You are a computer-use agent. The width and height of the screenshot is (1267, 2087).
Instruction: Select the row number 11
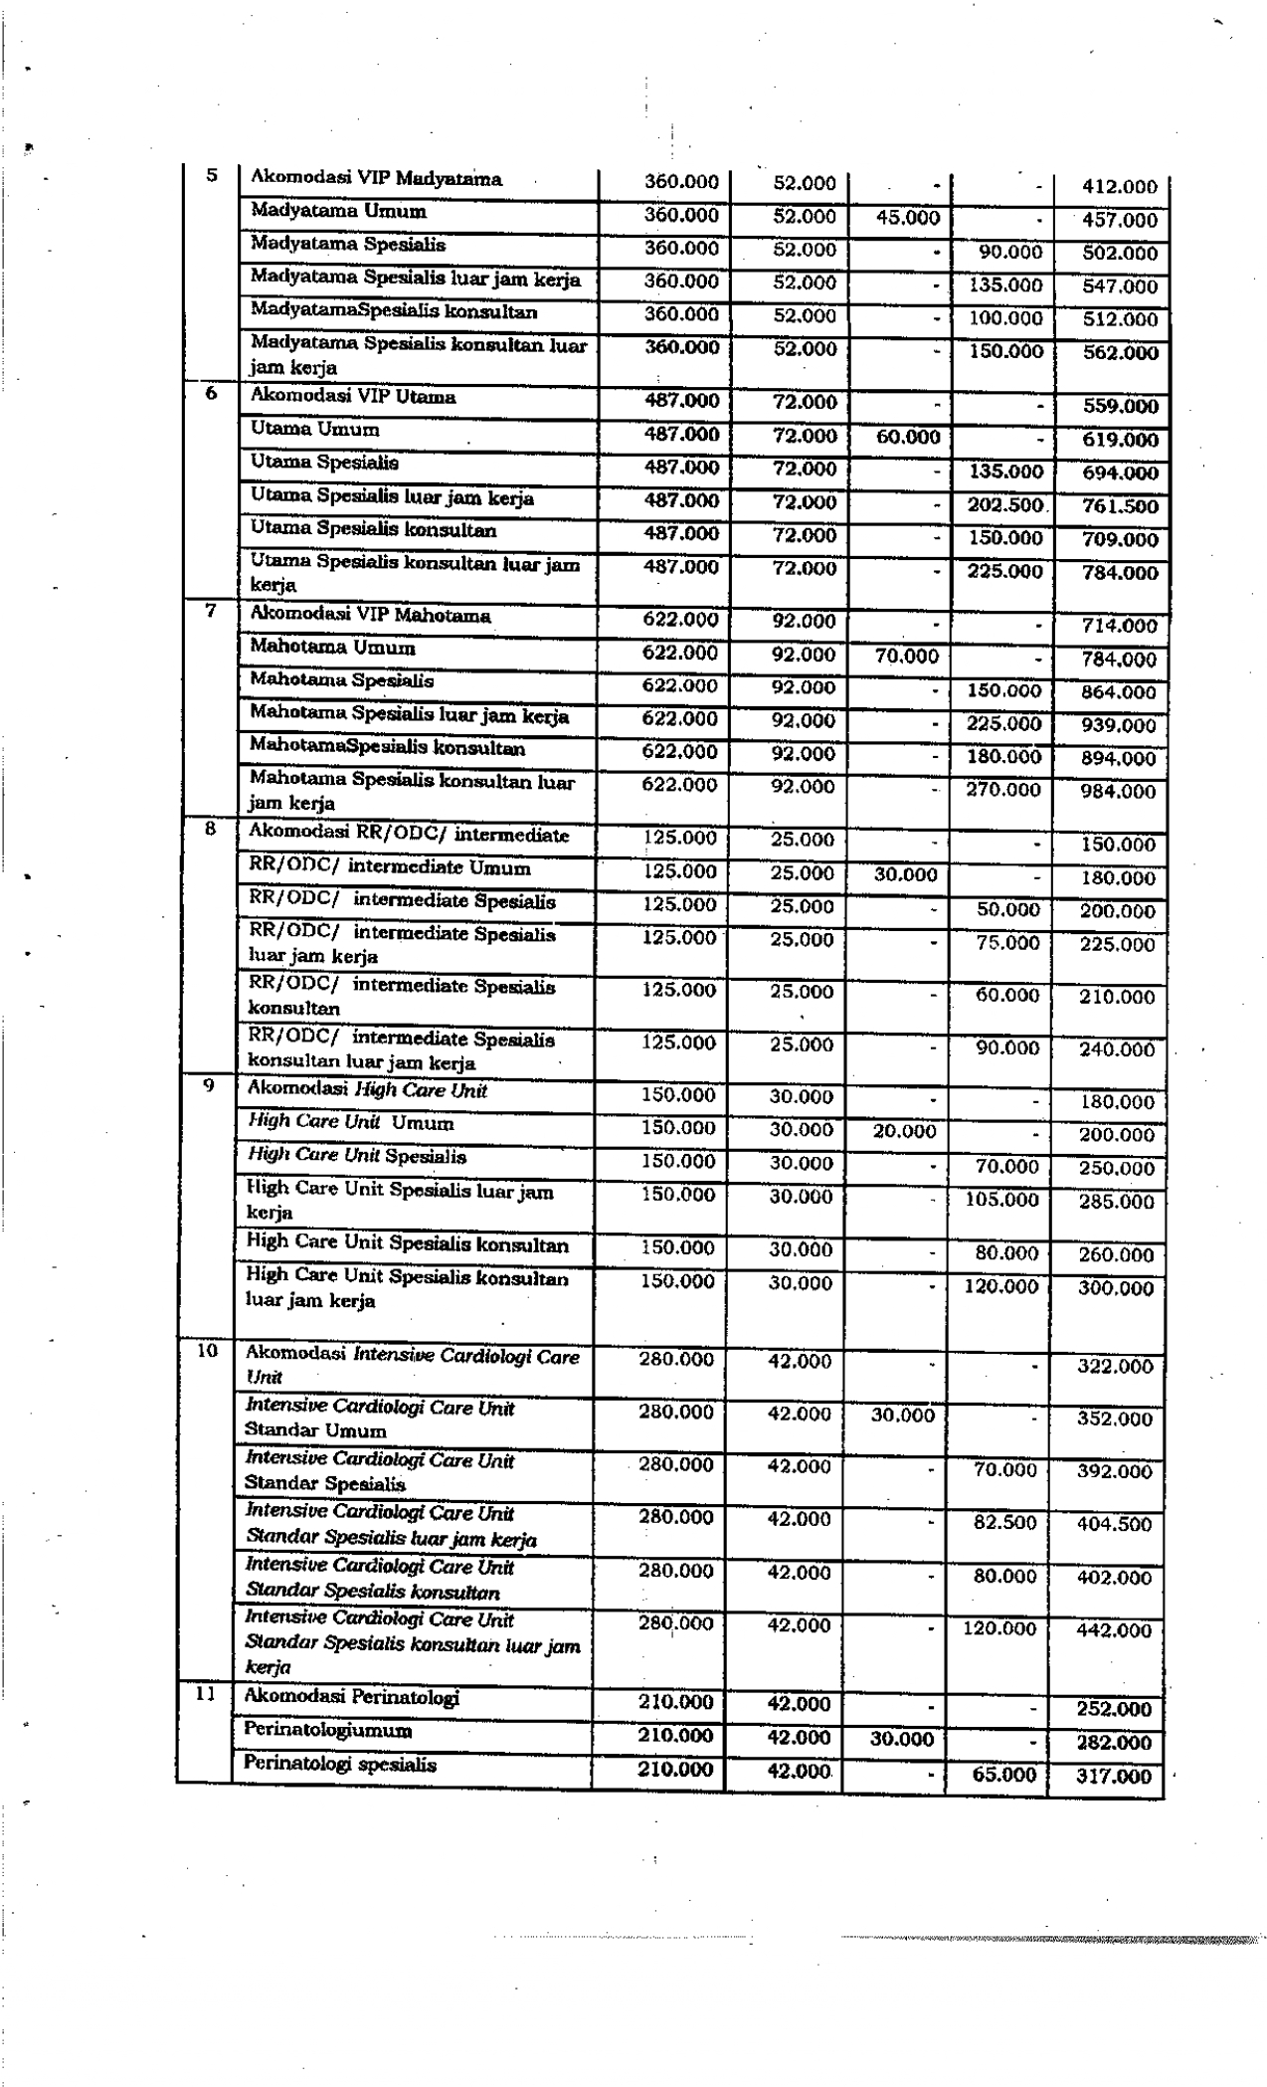point(204,1693)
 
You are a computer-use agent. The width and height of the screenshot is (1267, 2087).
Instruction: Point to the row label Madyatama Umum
point(338,211)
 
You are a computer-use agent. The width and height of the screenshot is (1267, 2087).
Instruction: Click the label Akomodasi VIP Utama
point(353,396)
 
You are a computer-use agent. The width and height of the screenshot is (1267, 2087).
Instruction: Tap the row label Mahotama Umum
point(332,648)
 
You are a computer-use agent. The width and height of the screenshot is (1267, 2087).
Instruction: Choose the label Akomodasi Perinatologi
point(352,1697)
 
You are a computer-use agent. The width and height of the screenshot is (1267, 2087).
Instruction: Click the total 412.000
point(1120,187)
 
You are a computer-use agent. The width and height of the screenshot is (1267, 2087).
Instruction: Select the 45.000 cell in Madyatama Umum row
point(908,218)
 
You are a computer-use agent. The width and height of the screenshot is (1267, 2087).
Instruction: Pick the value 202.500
point(1004,504)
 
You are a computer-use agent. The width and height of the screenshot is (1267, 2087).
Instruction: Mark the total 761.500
point(1120,506)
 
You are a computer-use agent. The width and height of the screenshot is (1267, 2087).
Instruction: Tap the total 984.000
point(1119,792)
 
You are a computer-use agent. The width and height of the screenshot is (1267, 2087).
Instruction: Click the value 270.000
point(1003,790)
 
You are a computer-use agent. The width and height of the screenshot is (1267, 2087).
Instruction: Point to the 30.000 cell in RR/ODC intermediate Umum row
point(905,874)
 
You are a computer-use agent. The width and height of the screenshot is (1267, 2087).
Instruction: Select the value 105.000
point(1001,1200)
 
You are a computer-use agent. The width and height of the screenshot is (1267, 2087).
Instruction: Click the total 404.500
point(1114,1524)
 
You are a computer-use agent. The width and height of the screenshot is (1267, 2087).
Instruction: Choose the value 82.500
point(1004,1522)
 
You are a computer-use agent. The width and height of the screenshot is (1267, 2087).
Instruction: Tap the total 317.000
point(1114,1776)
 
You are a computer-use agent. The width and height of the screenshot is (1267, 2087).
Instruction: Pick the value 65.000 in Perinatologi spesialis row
point(1003,1774)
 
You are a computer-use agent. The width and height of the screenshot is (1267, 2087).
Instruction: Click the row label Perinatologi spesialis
point(340,1764)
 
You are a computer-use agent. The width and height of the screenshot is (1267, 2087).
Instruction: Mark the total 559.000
point(1120,406)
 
